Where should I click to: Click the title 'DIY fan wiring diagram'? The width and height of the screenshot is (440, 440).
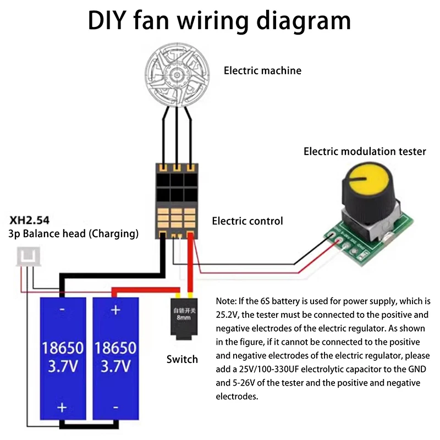pyautogui.click(x=219, y=21)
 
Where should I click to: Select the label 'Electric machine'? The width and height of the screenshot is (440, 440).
pyautogui.click(x=262, y=70)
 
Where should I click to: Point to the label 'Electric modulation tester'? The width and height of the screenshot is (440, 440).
pyautogui.click(x=365, y=151)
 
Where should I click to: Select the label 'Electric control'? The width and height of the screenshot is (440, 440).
pyautogui.click(x=248, y=221)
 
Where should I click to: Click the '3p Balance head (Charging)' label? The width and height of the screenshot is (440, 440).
pyautogui.click(x=73, y=234)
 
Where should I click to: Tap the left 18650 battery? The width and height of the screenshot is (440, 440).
pyautogui.click(x=62, y=360)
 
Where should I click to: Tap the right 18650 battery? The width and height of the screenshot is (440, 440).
pyautogui.click(x=116, y=360)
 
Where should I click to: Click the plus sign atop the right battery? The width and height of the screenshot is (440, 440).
pyautogui.click(x=116, y=310)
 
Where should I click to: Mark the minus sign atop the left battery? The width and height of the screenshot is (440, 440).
pyautogui.click(x=62, y=310)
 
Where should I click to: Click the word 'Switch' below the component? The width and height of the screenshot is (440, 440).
pyautogui.click(x=182, y=359)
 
